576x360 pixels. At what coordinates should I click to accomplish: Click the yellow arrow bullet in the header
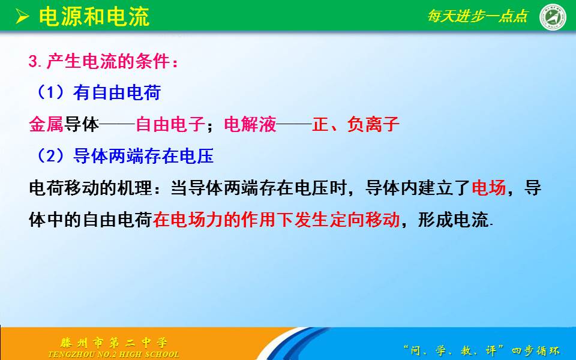point(22,17)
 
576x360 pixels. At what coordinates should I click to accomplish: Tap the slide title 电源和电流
point(94,17)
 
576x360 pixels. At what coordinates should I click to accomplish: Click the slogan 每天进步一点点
point(478,16)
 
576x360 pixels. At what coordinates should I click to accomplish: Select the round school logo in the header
point(553,17)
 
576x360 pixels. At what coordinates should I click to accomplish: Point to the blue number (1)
point(50,92)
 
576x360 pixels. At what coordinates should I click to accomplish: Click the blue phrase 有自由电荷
point(117,92)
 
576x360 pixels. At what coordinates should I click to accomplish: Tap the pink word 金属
point(46,124)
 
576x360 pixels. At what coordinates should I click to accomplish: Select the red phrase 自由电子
point(170,124)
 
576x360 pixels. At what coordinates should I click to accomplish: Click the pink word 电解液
point(250,124)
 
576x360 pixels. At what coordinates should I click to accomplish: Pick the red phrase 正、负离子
point(356,124)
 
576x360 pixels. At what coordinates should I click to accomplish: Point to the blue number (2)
point(50,156)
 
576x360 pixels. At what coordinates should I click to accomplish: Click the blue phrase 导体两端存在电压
point(143,156)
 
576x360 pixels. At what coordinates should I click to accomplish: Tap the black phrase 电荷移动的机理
point(91,188)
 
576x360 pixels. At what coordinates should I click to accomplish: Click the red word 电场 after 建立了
point(489,188)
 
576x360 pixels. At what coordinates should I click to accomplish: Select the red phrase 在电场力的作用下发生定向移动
point(276,220)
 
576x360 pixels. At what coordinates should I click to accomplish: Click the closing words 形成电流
point(452,220)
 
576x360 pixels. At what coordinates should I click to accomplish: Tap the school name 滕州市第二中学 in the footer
point(114,343)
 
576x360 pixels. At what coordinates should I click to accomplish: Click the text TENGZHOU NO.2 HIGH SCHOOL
point(113,355)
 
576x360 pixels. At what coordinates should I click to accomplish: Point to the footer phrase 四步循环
point(536,351)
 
